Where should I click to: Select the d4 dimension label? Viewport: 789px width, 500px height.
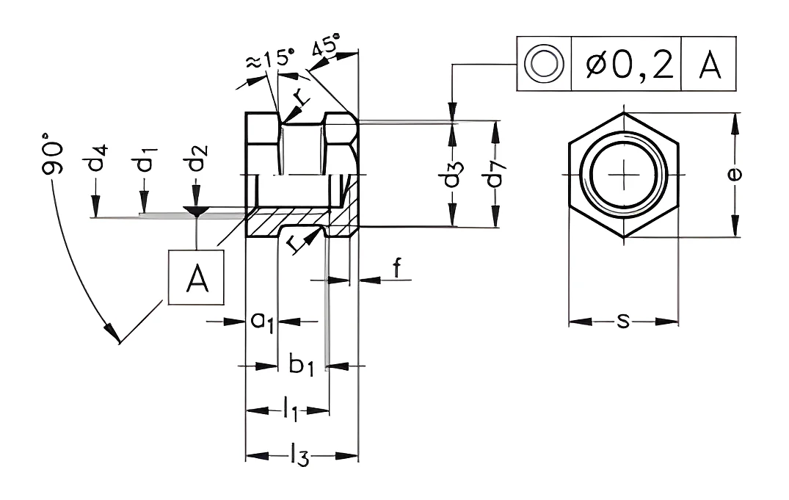[98, 158]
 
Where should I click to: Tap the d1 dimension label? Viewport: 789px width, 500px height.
[145, 159]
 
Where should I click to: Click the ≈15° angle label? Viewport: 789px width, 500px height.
[269, 59]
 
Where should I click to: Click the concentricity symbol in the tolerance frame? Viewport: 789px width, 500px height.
[544, 64]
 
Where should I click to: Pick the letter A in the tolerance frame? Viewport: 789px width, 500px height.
[710, 65]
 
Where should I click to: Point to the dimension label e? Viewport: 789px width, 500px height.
[735, 174]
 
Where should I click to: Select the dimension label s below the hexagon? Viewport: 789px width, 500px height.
[623, 321]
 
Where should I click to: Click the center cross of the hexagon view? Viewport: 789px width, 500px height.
[624, 175]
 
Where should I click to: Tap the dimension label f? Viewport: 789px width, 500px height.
[397, 268]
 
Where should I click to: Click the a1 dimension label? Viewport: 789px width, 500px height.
[262, 322]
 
